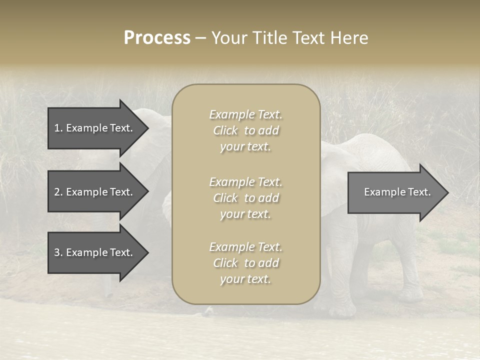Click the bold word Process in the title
click(x=157, y=38)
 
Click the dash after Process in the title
click(x=200, y=38)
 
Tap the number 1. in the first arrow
click(x=58, y=128)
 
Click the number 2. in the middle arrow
click(x=58, y=192)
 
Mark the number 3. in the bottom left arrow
click(x=58, y=252)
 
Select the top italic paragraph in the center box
click(x=245, y=130)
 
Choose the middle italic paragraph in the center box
click(x=245, y=198)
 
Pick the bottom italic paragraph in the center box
click(x=245, y=263)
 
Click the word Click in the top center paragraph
click(x=225, y=130)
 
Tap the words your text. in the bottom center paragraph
click(x=245, y=279)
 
